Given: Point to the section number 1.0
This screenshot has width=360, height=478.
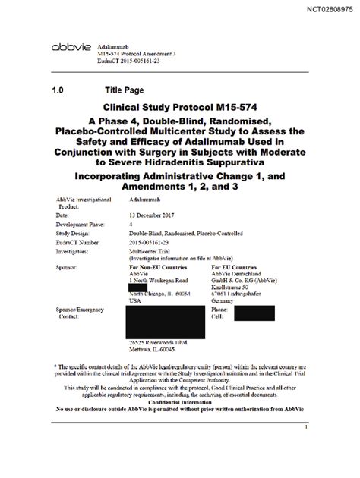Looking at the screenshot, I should (x=59, y=90).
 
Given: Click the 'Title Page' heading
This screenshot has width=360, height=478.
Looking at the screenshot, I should (x=125, y=90).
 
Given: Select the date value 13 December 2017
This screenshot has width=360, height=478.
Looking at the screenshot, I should (x=134, y=215).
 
